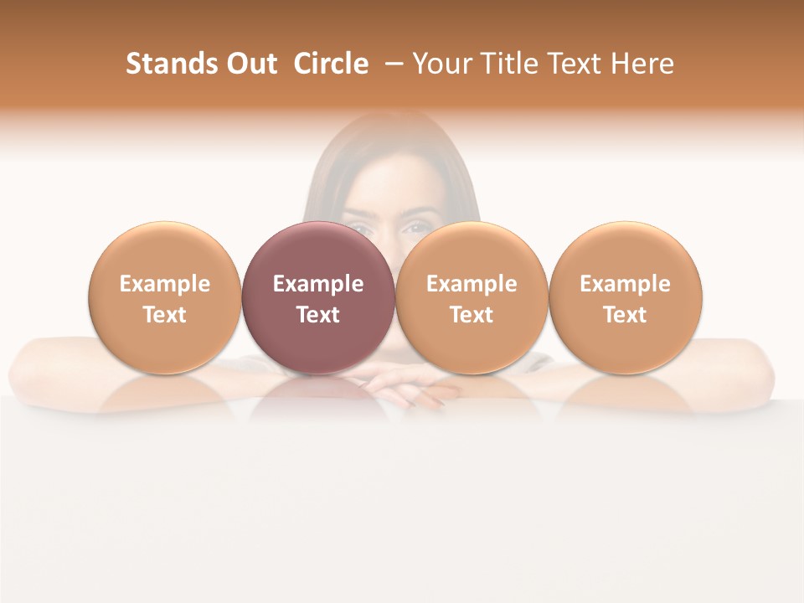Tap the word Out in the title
point(249,64)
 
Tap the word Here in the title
point(643,64)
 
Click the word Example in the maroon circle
point(318,284)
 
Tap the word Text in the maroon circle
point(318,315)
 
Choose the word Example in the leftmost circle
point(165,284)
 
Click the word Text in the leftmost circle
point(165,315)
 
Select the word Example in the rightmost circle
point(626,284)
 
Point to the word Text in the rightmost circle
point(626,315)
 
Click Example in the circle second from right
point(472,284)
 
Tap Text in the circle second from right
point(472,315)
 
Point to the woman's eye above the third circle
point(415,226)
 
